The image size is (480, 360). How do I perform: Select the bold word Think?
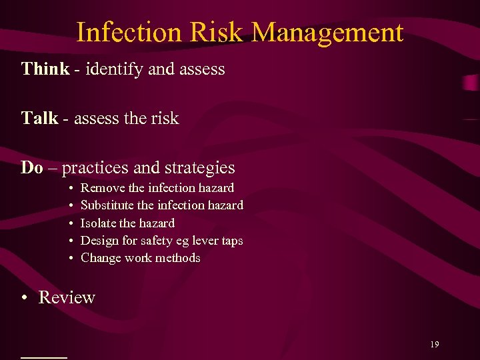45,69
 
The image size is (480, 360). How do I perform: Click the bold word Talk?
39,119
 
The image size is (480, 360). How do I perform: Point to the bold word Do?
31,167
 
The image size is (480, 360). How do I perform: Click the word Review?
67,297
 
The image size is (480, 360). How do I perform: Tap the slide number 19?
434,345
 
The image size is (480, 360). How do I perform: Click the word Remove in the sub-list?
100,188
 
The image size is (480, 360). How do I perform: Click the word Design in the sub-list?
99,240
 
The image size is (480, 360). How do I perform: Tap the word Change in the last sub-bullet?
101,257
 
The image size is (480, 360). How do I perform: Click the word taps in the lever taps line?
231,240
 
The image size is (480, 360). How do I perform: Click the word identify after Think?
107,69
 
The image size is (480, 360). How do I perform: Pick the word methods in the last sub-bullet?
178,257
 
